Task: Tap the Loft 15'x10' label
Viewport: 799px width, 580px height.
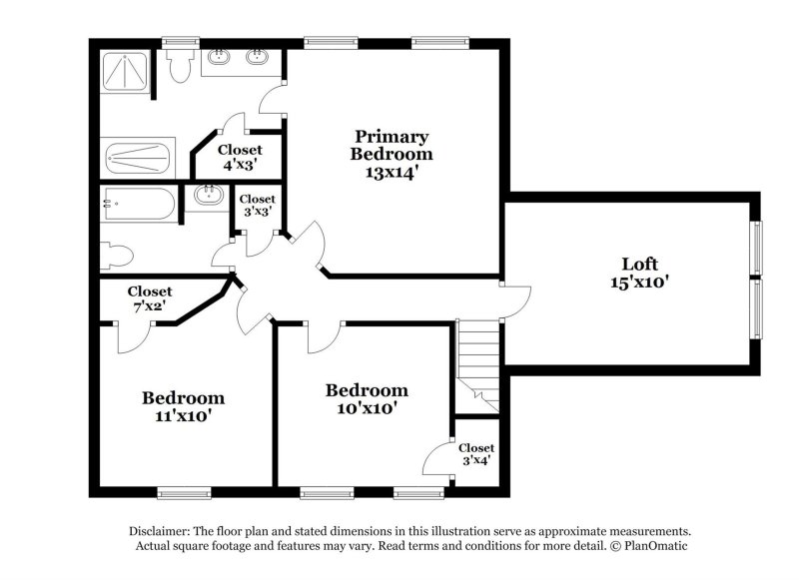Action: point(639,273)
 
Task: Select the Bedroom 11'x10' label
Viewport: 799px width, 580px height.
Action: point(182,406)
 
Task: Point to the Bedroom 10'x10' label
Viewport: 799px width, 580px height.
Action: point(367,399)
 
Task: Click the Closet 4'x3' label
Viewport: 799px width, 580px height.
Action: point(240,158)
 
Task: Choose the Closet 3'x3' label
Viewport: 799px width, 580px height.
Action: point(257,206)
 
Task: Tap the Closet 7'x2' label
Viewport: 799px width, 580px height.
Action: point(149,298)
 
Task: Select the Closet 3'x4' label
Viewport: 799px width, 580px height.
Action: point(476,455)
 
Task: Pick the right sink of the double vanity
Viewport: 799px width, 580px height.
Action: point(257,57)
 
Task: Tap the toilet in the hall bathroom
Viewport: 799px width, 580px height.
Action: point(117,254)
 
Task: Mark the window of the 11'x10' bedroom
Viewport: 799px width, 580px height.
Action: point(184,491)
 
